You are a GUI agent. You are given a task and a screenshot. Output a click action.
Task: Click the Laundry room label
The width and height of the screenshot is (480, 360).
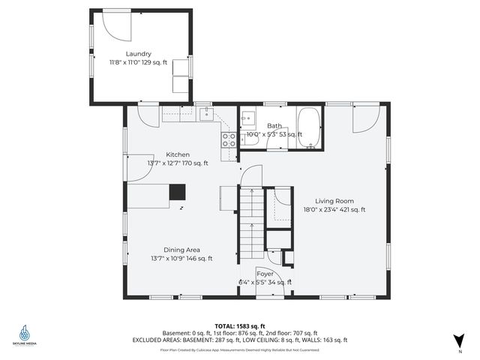(x=139, y=53)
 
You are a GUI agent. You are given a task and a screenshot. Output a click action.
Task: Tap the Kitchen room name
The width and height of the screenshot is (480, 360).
(x=178, y=154)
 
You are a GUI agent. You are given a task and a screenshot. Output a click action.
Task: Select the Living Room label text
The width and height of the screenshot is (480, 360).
(x=334, y=201)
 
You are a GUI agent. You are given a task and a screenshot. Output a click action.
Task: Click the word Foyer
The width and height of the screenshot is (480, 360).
(x=265, y=274)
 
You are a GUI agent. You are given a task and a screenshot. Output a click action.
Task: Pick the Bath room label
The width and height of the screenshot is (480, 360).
(x=274, y=126)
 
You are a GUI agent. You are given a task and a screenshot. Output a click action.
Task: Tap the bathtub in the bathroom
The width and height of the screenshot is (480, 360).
(x=309, y=128)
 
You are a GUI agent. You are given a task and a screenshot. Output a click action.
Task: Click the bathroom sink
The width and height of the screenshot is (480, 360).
(x=248, y=118)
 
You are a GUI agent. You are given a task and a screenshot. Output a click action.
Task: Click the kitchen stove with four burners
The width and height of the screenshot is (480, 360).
(x=229, y=139)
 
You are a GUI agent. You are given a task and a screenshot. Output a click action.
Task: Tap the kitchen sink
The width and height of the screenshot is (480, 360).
(x=206, y=114)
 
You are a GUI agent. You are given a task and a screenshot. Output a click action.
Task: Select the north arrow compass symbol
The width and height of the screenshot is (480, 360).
(x=458, y=340)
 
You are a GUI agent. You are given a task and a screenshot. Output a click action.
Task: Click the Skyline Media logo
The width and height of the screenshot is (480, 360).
(x=28, y=334)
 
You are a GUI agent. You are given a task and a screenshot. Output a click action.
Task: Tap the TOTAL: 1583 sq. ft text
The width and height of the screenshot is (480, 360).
(x=240, y=326)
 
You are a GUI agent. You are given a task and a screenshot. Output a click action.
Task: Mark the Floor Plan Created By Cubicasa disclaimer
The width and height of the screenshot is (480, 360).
(x=240, y=349)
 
